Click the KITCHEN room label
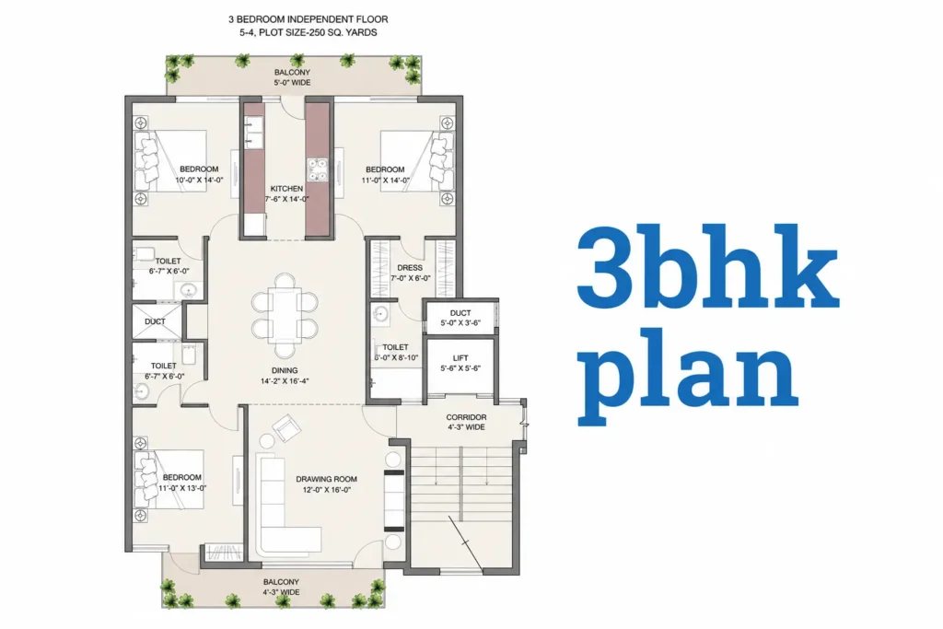click(286, 188)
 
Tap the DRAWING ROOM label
click(327, 479)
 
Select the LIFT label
click(460, 358)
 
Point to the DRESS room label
click(410, 268)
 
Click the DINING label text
click(285, 370)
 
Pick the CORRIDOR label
click(466, 417)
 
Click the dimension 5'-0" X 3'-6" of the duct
click(460, 323)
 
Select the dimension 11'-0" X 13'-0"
click(182, 488)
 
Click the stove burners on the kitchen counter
click(317, 169)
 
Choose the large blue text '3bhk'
click(708, 267)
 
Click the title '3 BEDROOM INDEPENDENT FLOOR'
click(308, 19)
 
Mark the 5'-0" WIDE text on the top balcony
click(292, 83)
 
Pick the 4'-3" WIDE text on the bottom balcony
click(281, 592)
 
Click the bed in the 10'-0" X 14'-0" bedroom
click(170, 161)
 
